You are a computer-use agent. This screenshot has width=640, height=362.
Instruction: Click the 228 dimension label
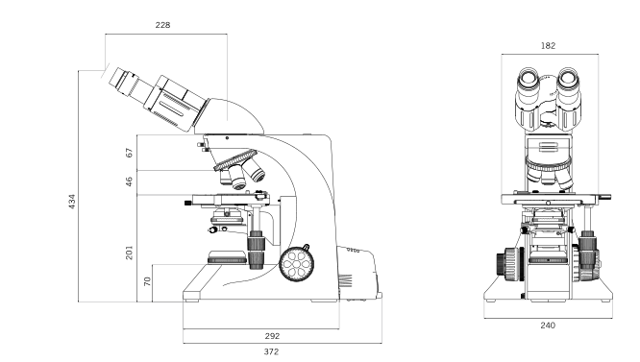[x=162, y=25]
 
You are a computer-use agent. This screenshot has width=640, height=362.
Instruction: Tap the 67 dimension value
[x=129, y=152]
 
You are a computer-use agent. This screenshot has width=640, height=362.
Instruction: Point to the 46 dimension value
[x=129, y=181]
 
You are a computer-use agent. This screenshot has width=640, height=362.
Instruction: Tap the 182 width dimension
[x=549, y=44]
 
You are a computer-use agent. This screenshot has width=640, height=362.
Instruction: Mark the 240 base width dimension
[x=548, y=325]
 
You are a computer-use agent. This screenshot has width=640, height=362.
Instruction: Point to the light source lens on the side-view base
[x=227, y=256]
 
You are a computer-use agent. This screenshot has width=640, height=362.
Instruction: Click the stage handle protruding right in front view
[x=605, y=197]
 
